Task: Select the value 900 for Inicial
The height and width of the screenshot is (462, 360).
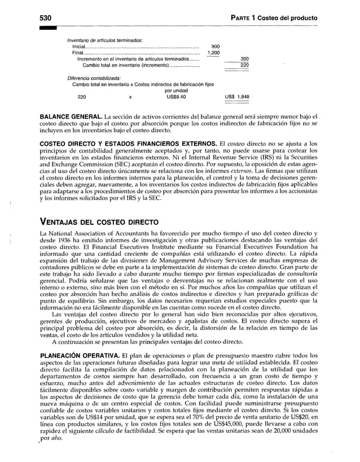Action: (x=215, y=47)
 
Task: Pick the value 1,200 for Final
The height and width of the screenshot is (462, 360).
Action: (x=213, y=53)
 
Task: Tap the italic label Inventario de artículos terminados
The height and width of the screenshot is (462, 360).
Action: (x=104, y=40)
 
